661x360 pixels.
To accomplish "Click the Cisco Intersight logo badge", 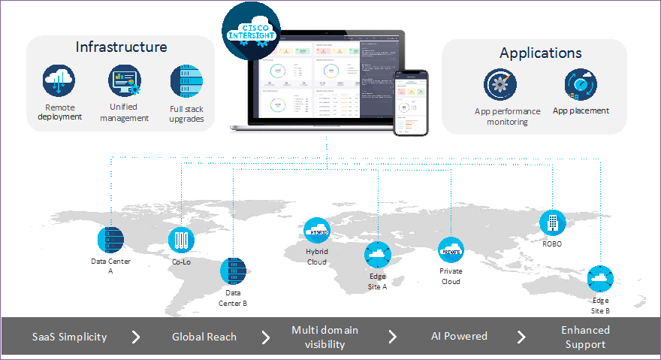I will point(251,29).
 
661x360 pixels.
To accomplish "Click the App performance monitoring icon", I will point(500,84).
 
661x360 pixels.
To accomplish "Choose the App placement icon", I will point(580,84).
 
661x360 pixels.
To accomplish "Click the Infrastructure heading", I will point(121,47).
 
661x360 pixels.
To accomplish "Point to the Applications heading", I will point(540,53).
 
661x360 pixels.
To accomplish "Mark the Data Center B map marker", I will point(233,271).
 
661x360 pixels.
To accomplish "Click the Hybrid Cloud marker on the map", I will point(315,228).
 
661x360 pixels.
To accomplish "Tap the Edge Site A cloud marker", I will point(378,256).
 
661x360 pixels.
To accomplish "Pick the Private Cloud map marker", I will point(451,248).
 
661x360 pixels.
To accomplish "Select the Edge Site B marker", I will point(600,279).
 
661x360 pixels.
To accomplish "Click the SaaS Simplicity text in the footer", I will point(69,337).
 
